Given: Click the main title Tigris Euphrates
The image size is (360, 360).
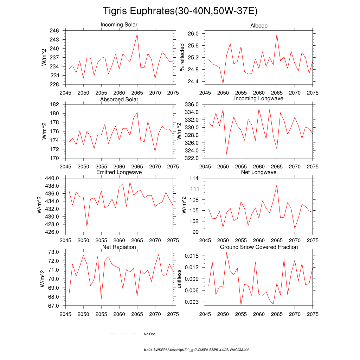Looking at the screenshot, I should coord(180,11).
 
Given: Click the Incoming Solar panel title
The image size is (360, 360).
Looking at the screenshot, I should coord(119,25).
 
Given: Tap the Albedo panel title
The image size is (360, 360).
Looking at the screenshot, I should coord(259,26).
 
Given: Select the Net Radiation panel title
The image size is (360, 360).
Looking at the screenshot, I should coord(119,247).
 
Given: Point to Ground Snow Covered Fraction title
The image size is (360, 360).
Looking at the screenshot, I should coord(259,247).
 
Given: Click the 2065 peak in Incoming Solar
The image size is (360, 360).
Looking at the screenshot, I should coord(137,34).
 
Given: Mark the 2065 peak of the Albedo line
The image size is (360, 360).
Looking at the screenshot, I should coord(277,34).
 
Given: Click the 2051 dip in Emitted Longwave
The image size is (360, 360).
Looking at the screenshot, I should coord(87,227).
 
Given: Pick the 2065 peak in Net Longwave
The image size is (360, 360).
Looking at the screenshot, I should coord(277,185).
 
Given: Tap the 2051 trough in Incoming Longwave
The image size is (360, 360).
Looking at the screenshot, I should coord(227,154).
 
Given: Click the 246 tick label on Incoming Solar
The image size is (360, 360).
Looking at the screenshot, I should coord(54,31).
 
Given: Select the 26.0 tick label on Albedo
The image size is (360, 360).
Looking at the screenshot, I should coord(194,34).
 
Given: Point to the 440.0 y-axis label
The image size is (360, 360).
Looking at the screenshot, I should coord(53,179).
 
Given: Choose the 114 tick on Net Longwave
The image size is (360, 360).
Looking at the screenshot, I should coord(195,179).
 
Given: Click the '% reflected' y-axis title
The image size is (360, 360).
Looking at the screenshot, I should coord(182,57).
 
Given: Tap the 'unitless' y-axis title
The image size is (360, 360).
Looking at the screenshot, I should coord(179,278).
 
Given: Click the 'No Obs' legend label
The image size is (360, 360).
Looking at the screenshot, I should coord(149,334).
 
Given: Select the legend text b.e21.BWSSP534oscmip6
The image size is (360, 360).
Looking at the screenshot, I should coord(197,350).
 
